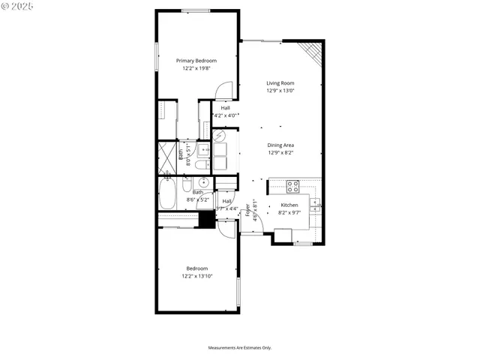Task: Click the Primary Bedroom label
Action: [196, 61]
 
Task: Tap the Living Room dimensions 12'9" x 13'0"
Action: [280, 91]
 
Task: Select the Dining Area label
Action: [280, 145]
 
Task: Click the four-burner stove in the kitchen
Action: [292, 186]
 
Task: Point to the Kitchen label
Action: [289, 205]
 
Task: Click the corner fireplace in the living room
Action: [310, 51]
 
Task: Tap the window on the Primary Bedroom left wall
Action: [157, 58]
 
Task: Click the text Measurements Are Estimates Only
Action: [239, 348]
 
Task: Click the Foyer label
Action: [248, 211]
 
